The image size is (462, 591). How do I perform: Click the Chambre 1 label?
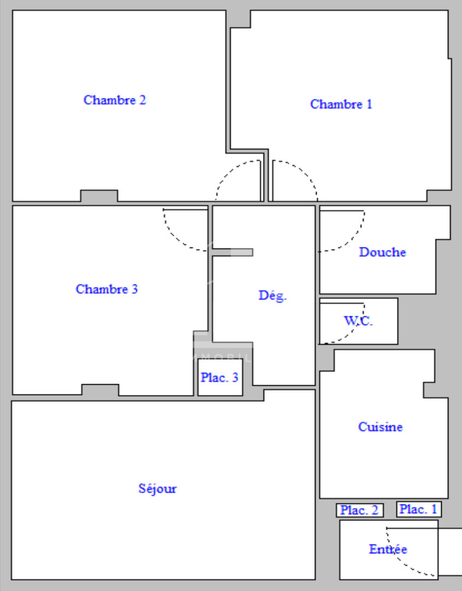pos(341,104)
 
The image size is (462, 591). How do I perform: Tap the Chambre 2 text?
pos(114,100)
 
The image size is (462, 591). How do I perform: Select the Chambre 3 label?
pos(107,289)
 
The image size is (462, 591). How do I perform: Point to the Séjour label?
pos(157,489)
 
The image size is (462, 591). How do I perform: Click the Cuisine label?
pos(381,427)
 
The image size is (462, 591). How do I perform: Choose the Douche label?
pos(383,252)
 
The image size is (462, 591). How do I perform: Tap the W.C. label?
pos(358,321)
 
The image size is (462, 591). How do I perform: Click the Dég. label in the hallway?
pos(273,296)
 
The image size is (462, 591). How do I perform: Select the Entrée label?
pos(388,549)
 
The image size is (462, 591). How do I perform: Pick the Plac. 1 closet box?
pos(419,509)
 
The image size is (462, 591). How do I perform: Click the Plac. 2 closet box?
pos(360,510)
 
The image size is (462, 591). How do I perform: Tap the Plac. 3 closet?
pos(220,377)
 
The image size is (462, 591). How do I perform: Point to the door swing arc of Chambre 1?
pos(303,173)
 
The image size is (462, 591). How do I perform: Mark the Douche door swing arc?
pos(352,239)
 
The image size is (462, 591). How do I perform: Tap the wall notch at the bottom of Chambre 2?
pos(99,195)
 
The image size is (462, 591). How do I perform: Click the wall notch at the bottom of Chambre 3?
pos(100,390)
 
